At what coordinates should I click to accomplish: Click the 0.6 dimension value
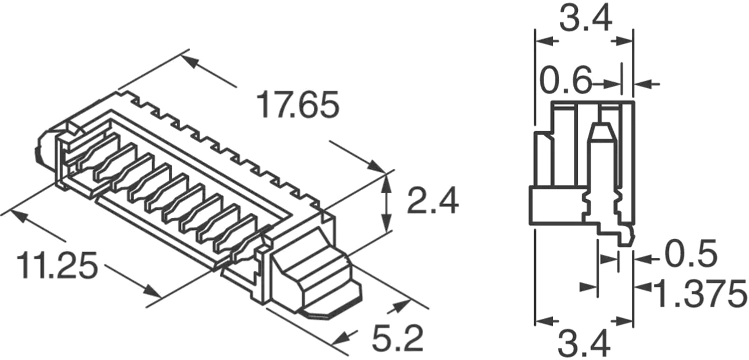[566, 81]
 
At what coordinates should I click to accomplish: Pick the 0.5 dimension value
[690, 255]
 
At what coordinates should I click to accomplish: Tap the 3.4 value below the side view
[584, 345]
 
